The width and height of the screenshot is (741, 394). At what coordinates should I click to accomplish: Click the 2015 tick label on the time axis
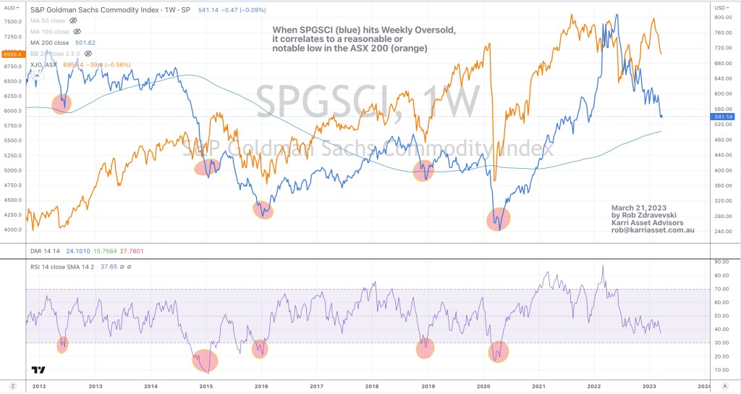coord(206,387)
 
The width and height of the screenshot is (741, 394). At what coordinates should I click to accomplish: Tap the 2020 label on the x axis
coord(483,387)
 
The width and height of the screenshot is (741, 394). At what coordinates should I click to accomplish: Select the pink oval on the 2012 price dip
coord(62,104)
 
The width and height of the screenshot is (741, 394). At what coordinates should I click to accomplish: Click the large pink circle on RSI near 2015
coord(206,360)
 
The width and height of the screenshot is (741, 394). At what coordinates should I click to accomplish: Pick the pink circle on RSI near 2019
coord(425,348)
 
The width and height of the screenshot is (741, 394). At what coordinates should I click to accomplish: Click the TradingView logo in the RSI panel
coord(38,369)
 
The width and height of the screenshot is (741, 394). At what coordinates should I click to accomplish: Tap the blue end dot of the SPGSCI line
coord(661,116)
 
